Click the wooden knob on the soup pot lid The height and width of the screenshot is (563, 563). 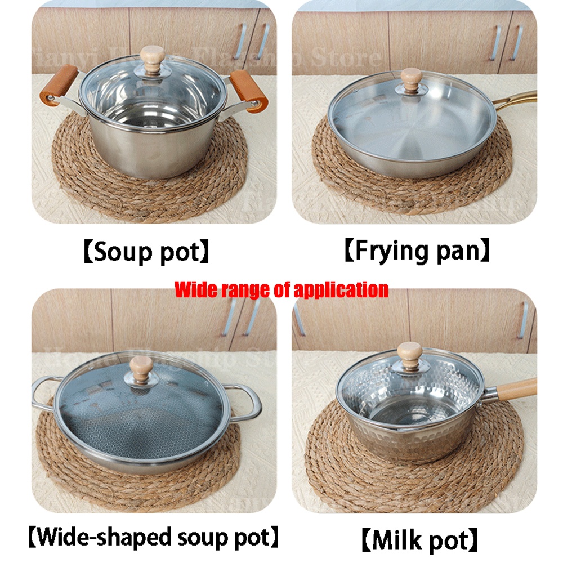point(152,57)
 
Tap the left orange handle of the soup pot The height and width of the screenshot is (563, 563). point(58,84)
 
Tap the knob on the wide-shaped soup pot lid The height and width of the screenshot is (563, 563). point(140,367)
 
